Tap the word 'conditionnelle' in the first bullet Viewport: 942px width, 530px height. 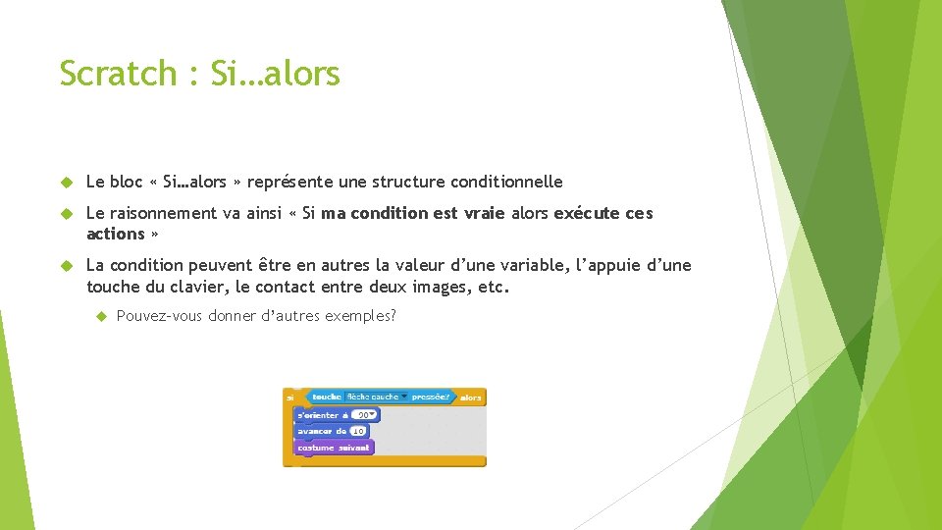[x=507, y=182]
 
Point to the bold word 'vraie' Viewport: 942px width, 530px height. [x=485, y=213]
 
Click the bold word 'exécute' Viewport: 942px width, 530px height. [x=583, y=213]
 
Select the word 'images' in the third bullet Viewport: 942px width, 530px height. [x=440, y=287]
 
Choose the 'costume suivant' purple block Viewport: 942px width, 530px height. [x=334, y=448]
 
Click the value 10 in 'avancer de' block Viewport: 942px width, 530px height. [x=358, y=431]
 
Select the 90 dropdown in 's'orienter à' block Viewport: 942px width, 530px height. [x=365, y=415]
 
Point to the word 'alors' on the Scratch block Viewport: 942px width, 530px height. [x=471, y=397]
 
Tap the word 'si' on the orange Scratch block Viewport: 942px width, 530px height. [x=290, y=397]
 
